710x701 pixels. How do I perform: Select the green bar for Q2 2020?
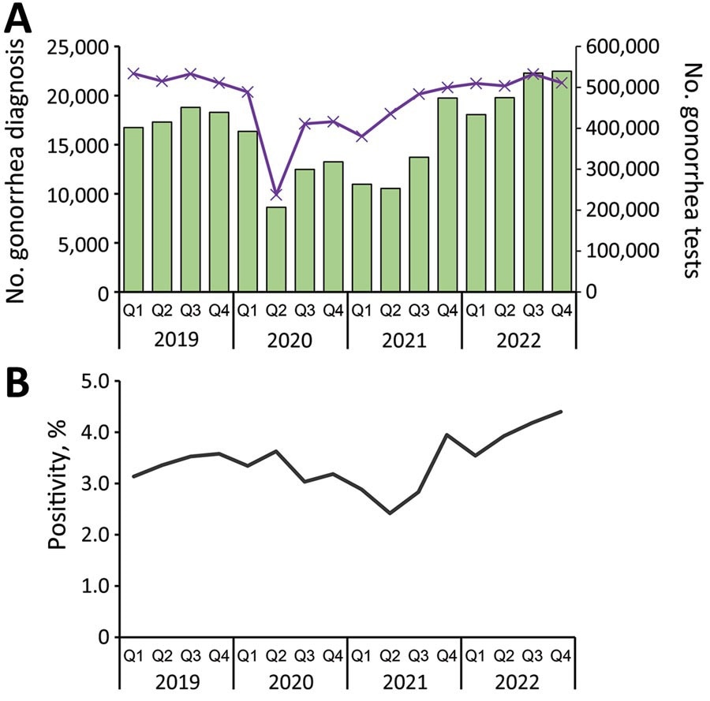(x=276, y=249)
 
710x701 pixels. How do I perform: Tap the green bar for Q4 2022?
(x=562, y=181)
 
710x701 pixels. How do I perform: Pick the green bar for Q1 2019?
(x=133, y=209)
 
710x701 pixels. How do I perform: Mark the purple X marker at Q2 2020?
(x=276, y=195)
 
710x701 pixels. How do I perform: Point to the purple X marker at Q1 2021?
(x=362, y=136)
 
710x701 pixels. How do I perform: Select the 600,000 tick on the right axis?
(x=622, y=47)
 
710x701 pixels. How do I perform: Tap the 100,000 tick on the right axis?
(x=622, y=252)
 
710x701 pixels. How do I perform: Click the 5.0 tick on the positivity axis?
(x=97, y=382)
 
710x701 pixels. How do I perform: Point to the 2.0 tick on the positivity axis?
(x=97, y=535)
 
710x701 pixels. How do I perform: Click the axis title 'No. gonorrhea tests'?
(x=692, y=170)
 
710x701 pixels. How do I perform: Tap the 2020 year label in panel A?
(x=290, y=341)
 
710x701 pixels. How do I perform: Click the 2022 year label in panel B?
(x=518, y=683)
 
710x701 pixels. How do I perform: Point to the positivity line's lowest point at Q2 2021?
(x=390, y=513)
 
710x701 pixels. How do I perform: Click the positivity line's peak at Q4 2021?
(x=447, y=434)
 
